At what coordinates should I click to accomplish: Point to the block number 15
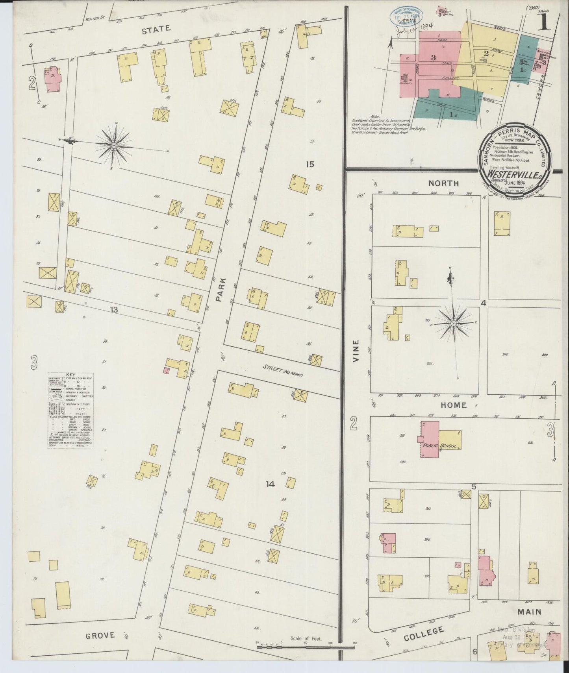pyautogui.click(x=310, y=164)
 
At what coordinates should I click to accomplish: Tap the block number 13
pyautogui.click(x=114, y=310)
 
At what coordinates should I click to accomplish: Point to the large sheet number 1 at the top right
pyautogui.click(x=544, y=23)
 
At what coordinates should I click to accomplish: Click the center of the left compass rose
pyautogui.click(x=114, y=146)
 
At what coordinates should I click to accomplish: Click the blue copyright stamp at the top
pyautogui.click(x=406, y=17)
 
